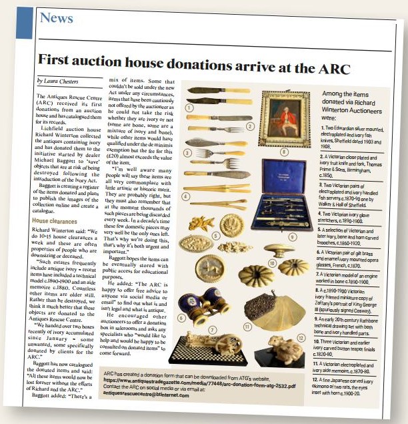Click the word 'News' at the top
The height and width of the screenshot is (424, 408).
tap(56, 18)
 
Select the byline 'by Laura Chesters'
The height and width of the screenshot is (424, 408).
tap(59, 81)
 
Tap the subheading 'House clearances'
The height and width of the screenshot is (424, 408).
tap(58, 220)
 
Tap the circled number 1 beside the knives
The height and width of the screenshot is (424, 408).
tap(189, 107)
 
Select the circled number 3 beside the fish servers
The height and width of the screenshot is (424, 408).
tap(189, 152)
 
